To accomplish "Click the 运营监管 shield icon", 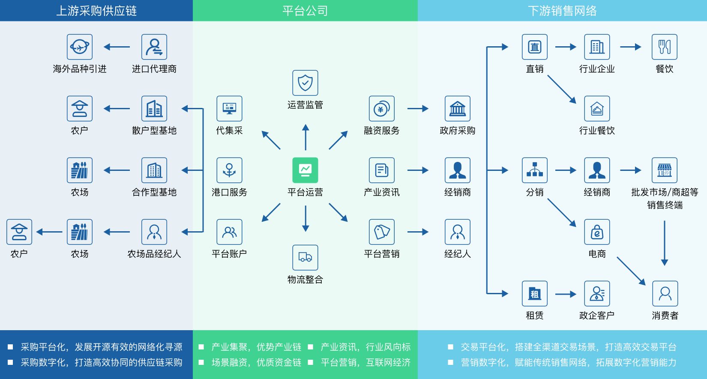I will pos(305,83).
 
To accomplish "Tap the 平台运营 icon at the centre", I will pos(305,170).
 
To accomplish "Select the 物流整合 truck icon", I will pos(305,257).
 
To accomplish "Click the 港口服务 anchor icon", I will pos(229,170).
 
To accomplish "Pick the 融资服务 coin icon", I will pos(381,108).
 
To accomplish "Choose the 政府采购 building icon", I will pos(457,108).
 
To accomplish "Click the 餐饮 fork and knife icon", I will pos(664,47).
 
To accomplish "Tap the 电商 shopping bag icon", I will pos(597,232).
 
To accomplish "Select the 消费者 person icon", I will pos(665,293).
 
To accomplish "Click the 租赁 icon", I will pos(534,293).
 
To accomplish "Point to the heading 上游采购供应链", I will pos(96,11).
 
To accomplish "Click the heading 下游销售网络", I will pos(562,11).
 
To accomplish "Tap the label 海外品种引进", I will pos(80,69).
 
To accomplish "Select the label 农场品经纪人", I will pos(154,254).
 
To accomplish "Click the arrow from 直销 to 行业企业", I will pos(566,47).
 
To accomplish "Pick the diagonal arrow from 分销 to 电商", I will pos(562,212).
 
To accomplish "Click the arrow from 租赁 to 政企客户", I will pos(566,294).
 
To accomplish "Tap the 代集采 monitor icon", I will pos(229,108).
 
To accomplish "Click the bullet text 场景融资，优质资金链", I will pos(256,363).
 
